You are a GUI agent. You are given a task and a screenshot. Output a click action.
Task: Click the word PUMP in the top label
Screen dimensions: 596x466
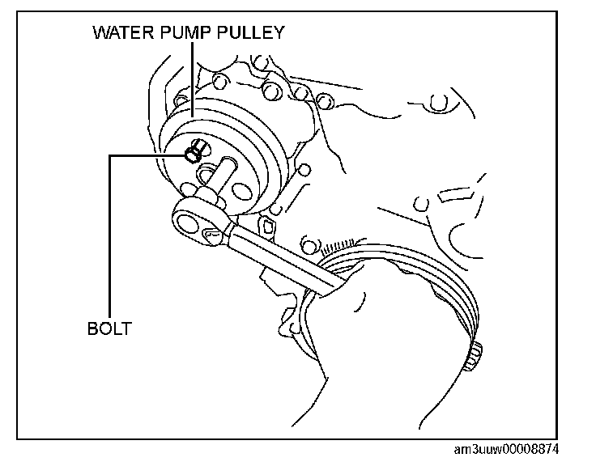[181, 33]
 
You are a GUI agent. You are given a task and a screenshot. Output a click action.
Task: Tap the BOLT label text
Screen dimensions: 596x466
[109, 329]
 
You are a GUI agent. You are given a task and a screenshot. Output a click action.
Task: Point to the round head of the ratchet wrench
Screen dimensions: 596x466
[192, 218]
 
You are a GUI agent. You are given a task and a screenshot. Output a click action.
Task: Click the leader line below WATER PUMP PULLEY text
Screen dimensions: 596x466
[192, 77]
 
